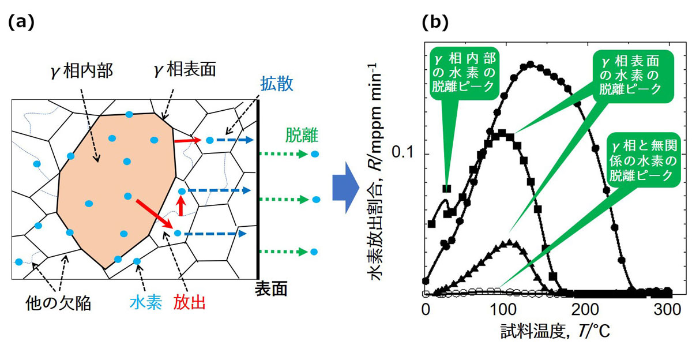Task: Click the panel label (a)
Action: [21, 23]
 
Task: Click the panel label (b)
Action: [435, 23]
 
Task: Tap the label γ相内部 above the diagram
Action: [82, 72]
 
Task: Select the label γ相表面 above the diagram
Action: [185, 69]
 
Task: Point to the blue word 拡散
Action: [276, 84]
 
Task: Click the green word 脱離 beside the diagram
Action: [302, 136]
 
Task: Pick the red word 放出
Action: [189, 302]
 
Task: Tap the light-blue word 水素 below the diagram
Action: [146, 302]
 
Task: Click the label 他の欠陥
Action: [58, 303]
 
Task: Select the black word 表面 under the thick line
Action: [271, 289]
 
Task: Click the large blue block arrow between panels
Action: [345, 187]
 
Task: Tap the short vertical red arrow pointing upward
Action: [180, 206]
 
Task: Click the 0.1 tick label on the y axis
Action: [403, 152]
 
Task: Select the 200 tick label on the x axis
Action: [585, 309]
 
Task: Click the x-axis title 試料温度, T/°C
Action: [555, 331]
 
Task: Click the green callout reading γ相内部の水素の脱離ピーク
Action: [464, 73]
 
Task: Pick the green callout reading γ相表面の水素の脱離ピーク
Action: [630, 76]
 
